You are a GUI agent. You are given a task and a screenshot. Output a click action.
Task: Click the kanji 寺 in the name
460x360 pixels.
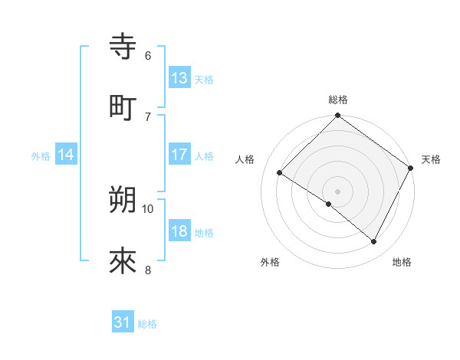[x=123, y=46]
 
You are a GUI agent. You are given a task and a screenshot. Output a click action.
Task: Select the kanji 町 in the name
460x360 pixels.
[x=123, y=106]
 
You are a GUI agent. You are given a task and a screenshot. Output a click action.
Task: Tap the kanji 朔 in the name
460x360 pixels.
[x=123, y=200]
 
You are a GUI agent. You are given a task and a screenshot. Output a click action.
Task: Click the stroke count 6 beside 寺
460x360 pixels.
[x=148, y=55]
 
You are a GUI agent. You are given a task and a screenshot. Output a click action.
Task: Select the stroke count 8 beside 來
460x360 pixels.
[x=148, y=270]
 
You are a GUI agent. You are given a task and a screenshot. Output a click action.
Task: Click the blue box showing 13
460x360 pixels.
[x=179, y=78]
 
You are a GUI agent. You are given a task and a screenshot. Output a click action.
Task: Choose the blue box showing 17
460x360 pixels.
[x=179, y=155]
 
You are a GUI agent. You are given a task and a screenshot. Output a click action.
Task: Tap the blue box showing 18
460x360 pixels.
[x=179, y=231]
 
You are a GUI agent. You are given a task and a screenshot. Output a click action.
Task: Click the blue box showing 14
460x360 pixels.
[x=66, y=155]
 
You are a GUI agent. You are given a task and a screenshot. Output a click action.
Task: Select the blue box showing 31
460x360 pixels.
[x=123, y=322]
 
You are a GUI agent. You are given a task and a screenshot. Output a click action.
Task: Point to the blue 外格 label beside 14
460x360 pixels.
[x=41, y=155]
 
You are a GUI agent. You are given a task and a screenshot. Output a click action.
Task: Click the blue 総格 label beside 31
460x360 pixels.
[x=147, y=323]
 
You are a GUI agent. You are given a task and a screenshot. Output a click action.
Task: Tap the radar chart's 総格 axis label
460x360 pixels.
[x=338, y=100]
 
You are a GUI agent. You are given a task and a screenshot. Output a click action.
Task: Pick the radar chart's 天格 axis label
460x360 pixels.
[x=431, y=159]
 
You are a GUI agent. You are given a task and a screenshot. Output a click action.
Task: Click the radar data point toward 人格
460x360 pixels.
[x=280, y=173]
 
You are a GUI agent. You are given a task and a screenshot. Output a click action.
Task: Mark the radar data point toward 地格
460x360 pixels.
[x=374, y=242]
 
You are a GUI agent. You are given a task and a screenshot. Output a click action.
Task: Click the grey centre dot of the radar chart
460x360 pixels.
[x=337, y=191]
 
